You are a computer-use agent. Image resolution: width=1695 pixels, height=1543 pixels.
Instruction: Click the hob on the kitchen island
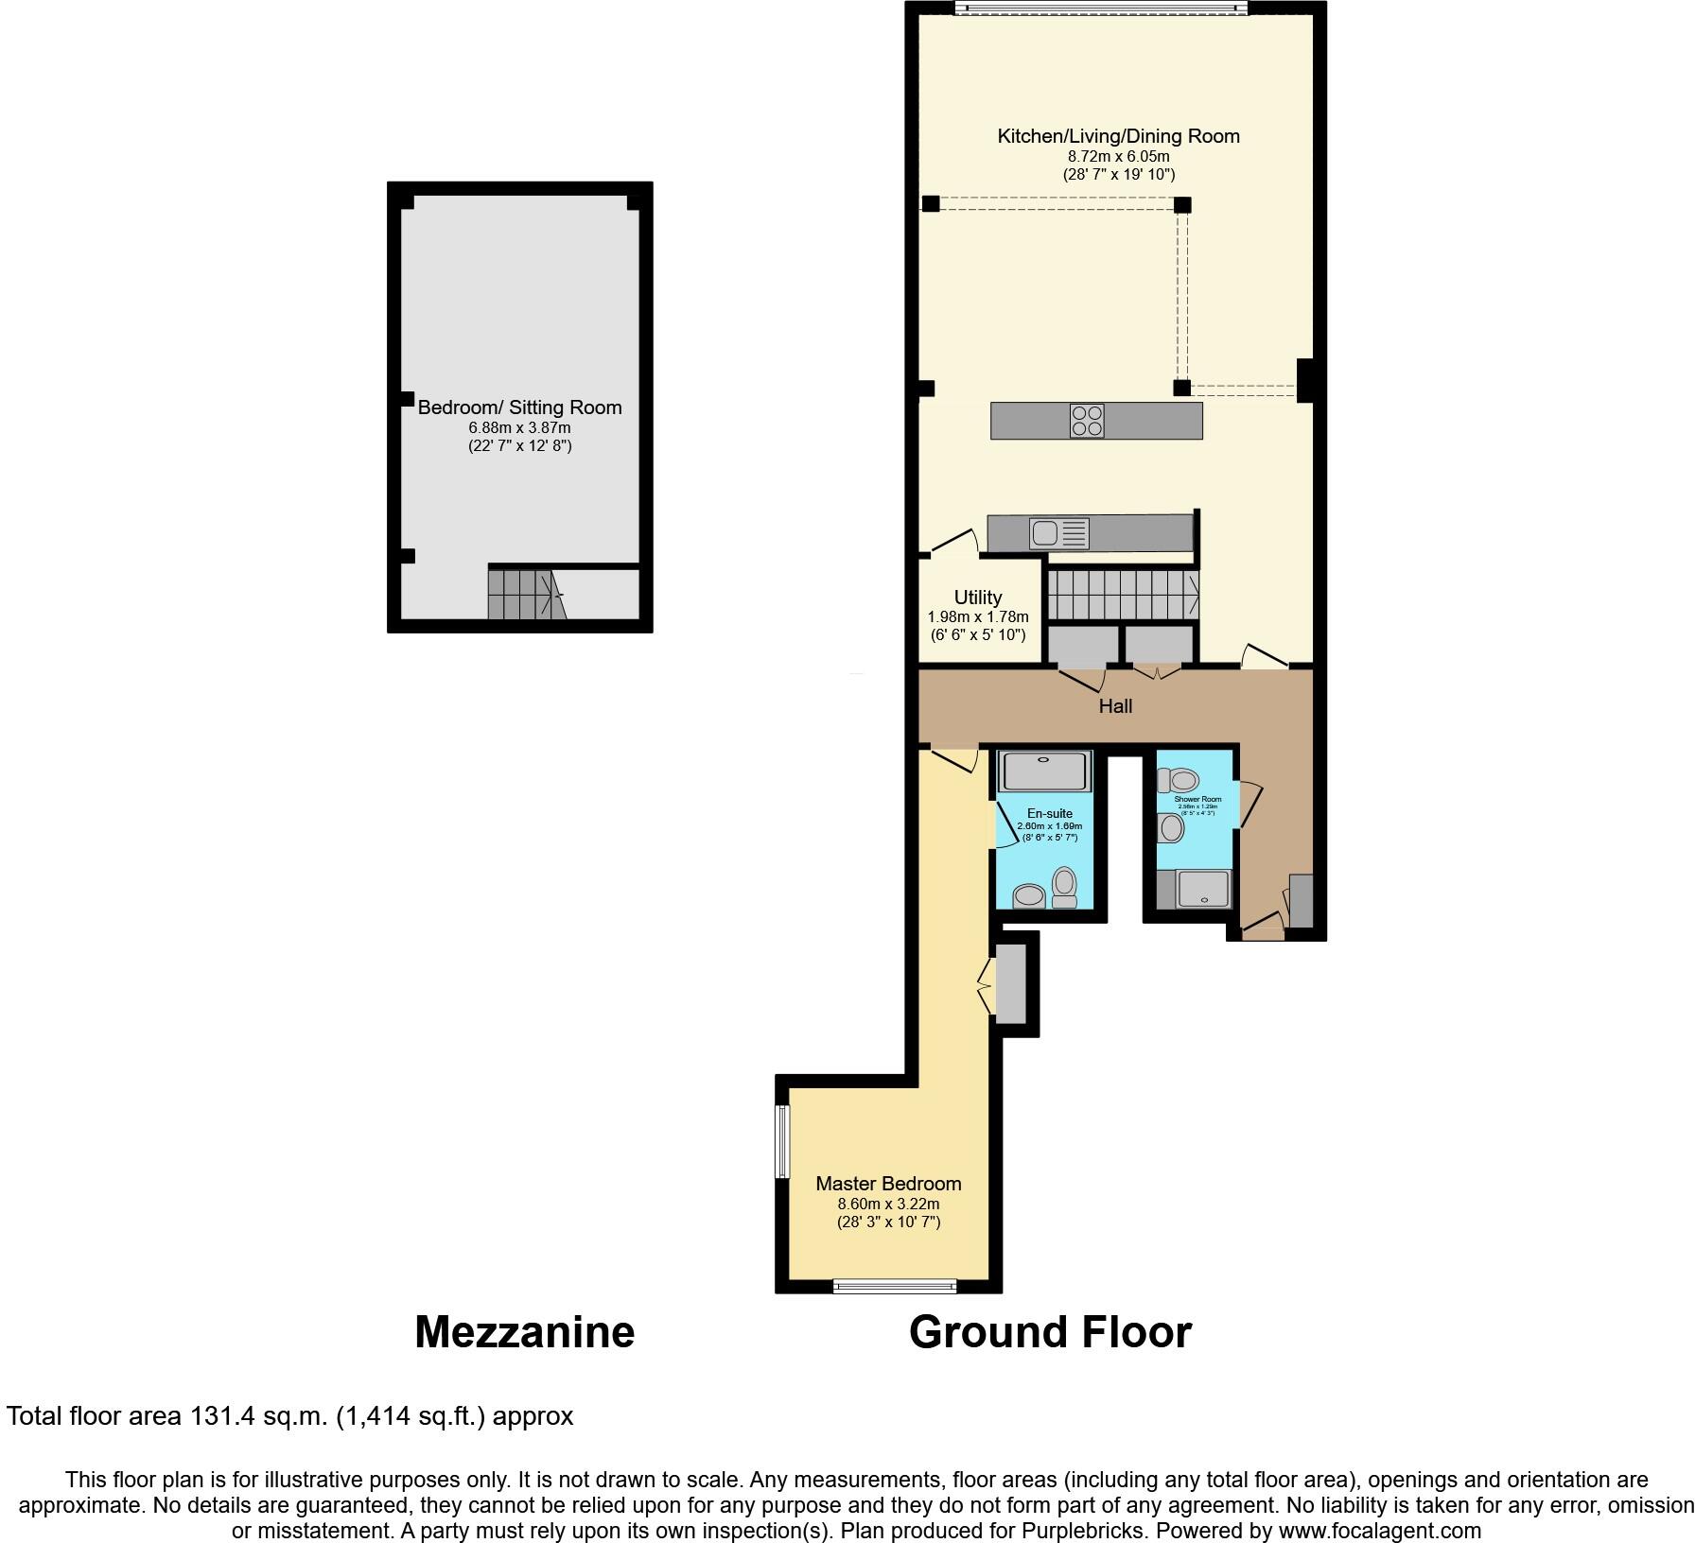(x=1087, y=421)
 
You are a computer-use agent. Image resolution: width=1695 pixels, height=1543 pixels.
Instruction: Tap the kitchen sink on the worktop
(x=1045, y=533)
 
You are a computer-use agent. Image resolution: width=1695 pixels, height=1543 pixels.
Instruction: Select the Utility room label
(x=978, y=598)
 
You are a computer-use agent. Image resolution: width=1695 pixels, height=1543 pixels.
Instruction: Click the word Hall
(x=1115, y=706)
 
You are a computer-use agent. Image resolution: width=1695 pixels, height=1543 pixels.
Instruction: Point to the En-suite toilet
(x=1065, y=887)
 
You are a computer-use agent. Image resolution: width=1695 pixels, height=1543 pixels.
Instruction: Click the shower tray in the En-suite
(x=1044, y=771)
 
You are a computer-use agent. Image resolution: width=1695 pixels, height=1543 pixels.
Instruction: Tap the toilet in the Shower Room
(x=1179, y=781)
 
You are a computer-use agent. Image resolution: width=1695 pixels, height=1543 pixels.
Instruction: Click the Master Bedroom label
(x=888, y=1184)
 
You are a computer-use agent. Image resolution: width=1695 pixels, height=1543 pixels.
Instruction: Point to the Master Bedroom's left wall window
(x=782, y=1142)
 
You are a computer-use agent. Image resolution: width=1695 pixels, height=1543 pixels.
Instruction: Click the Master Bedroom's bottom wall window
(x=895, y=1286)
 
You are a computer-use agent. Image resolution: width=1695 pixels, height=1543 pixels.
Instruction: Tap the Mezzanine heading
(x=524, y=1332)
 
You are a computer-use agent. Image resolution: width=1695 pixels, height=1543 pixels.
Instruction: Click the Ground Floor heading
(x=1050, y=1332)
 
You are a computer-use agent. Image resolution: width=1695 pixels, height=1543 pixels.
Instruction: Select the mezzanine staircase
(x=524, y=594)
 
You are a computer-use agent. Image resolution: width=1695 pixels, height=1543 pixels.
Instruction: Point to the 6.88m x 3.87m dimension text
(x=520, y=428)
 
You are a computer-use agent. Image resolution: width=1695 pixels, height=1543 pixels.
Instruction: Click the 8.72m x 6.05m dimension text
(x=1118, y=156)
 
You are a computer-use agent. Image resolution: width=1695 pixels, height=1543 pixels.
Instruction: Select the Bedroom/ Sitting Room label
(x=520, y=407)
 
